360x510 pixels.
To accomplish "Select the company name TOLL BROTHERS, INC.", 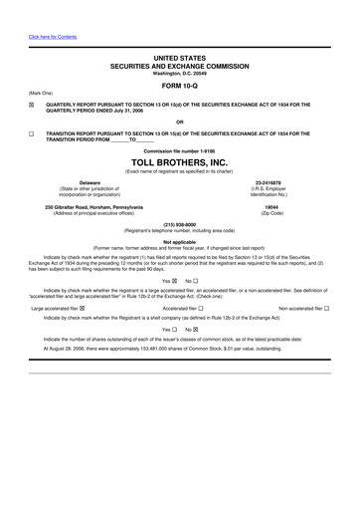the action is (180, 160).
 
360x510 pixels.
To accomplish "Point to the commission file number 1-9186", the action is (179, 149).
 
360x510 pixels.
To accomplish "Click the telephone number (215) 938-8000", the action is (180, 224).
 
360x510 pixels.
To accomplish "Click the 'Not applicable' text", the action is (180, 242).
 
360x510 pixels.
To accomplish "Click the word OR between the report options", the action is (180, 122).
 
